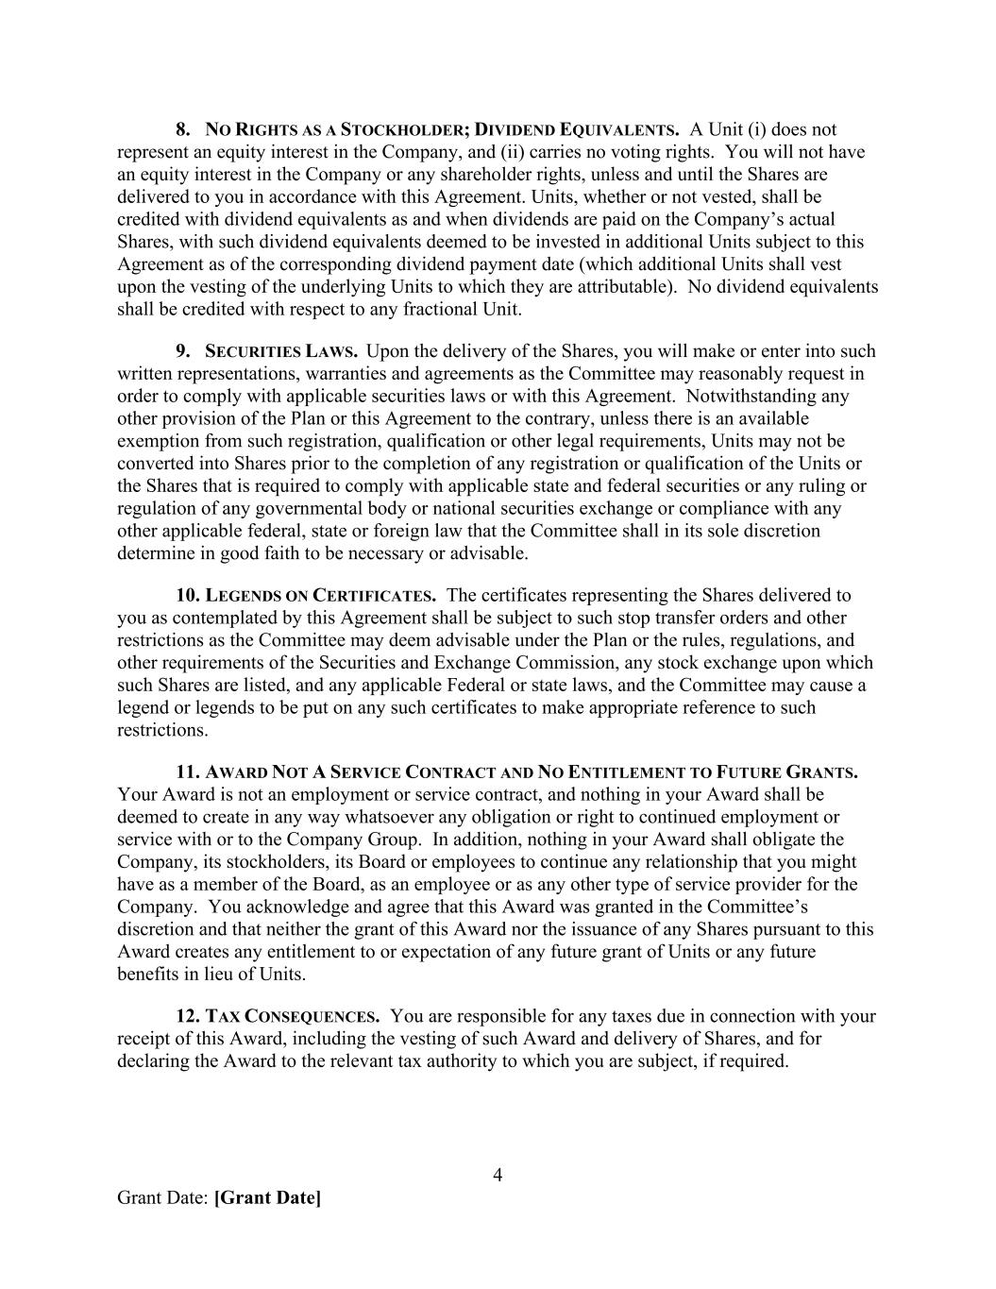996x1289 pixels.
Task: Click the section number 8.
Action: coord(183,129)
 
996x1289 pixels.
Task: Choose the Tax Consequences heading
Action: coord(292,1017)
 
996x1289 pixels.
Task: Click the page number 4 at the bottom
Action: coord(498,1175)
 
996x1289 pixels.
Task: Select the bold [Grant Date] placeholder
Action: coord(267,1197)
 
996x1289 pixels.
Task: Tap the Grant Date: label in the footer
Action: coord(162,1197)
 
